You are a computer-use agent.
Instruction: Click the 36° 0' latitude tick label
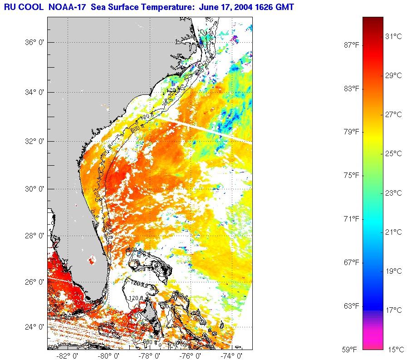[x=34, y=43]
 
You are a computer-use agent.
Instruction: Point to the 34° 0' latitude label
[x=34, y=93]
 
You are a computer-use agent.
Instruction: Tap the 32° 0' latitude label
[x=34, y=141]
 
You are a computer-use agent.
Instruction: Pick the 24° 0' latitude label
[x=34, y=327]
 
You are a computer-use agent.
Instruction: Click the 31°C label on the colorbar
[x=393, y=36]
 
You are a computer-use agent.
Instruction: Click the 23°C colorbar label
[x=393, y=193]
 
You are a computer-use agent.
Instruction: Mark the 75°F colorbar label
[x=351, y=175]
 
